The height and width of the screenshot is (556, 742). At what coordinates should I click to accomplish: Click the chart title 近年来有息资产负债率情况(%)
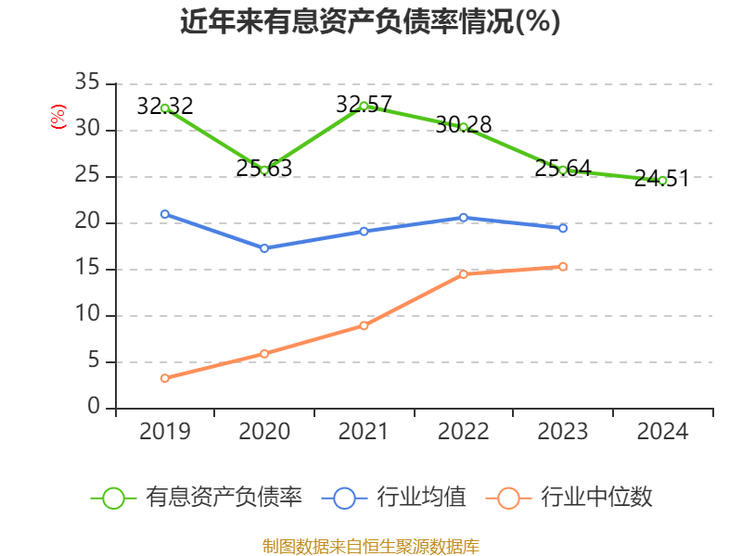[x=370, y=22]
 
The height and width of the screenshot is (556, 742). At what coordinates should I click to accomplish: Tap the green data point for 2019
[x=165, y=108]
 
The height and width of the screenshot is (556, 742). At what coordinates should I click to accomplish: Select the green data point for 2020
[x=264, y=170]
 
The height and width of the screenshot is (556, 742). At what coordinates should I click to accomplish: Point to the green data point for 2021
[x=364, y=106]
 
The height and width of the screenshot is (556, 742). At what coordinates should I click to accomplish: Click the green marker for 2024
[x=662, y=180]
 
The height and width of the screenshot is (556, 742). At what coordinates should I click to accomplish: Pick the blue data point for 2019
[x=165, y=214]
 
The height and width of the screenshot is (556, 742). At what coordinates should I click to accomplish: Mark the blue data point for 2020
[x=264, y=248]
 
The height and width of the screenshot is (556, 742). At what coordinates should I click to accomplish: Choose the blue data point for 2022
[x=464, y=218]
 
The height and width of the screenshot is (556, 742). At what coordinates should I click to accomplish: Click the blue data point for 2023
[x=563, y=228]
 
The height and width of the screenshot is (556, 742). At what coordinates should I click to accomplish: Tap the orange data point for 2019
[x=165, y=378]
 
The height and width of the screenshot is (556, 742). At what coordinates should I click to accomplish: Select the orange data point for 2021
[x=364, y=325]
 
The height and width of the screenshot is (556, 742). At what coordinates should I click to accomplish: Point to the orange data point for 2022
[x=464, y=274]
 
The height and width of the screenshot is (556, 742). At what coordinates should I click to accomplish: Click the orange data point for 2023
[x=563, y=267]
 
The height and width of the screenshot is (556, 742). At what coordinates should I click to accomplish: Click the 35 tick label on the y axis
[x=87, y=83]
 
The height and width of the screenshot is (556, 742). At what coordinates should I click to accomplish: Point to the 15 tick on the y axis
[x=87, y=269]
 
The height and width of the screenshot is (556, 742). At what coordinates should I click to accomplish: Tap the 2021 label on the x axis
[x=364, y=432]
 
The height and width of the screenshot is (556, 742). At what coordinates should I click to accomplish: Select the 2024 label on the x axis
[x=662, y=432]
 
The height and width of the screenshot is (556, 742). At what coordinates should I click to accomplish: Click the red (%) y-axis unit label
[x=58, y=118]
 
